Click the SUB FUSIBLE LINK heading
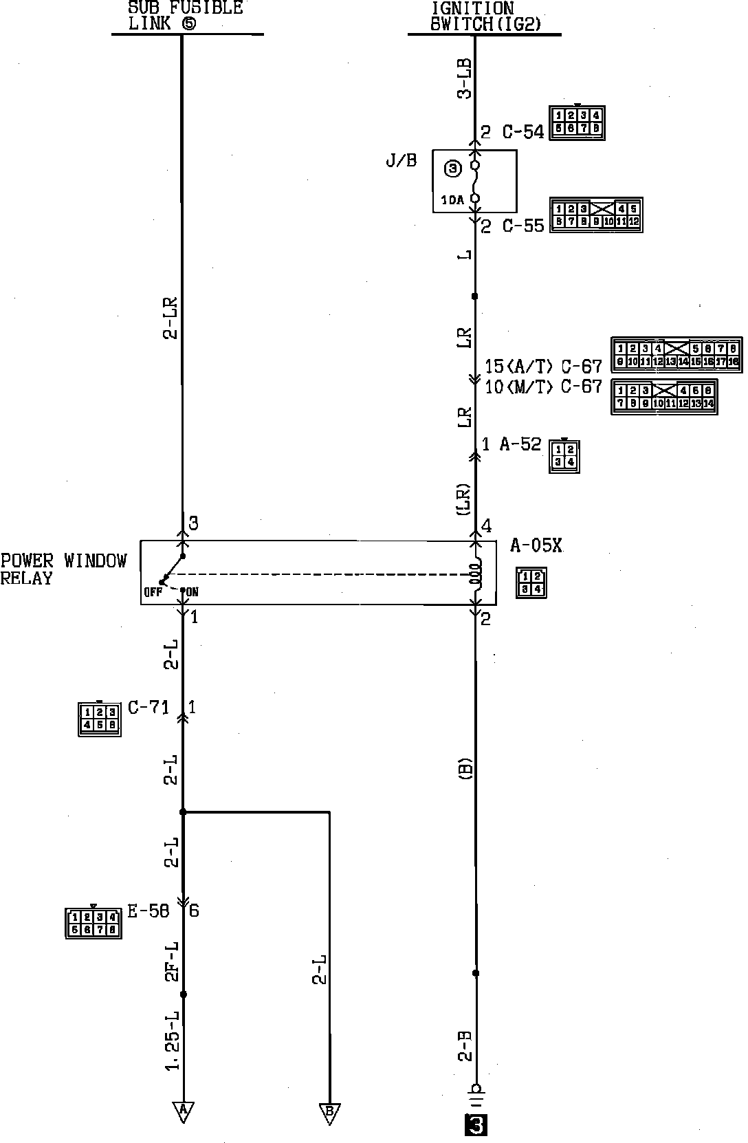[x=186, y=15]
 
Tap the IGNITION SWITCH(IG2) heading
[x=485, y=17]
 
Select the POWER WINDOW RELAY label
[x=63, y=569]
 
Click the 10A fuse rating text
[x=452, y=200]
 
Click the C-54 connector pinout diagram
[x=577, y=122]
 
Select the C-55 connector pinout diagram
[x=595, y=215]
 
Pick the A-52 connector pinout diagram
[x=564, y=456]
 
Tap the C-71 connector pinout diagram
[x=100, y=718]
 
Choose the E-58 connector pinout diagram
[x=93, y=922]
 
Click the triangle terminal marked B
[x=329, y=1112]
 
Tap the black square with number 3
[x=476, y=1125]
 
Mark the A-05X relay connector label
[x=536, y=547]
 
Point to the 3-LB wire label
[x=465, y=78]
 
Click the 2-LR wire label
[x=170, y=318]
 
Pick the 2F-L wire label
[x=172, y=961]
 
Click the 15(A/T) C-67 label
[x=543, y=366]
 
